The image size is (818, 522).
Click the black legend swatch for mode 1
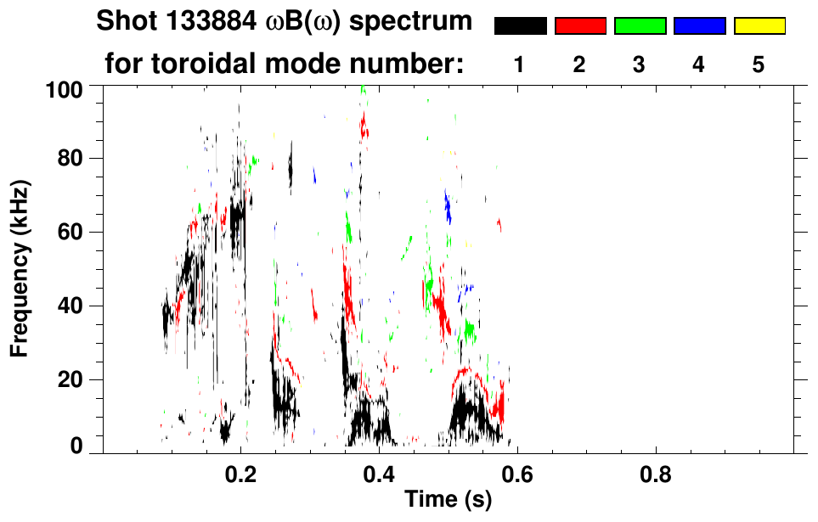520,26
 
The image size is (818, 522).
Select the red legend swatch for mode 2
580,26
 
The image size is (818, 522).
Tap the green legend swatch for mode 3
640,26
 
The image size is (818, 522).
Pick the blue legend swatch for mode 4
699,26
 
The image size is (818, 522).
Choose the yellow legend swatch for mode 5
759,26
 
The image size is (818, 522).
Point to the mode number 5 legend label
759,65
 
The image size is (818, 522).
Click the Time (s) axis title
447,501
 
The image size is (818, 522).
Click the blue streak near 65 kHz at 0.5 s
448,207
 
